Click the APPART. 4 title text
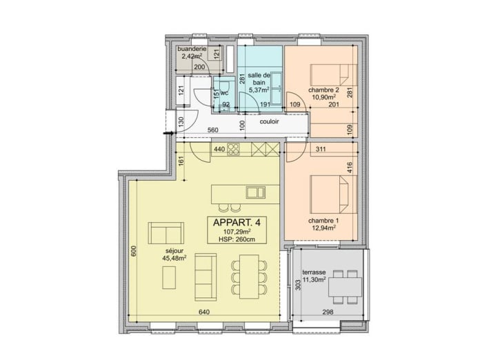(237, 223)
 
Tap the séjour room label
(174, 251)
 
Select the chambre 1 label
(323, 221)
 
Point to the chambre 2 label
(323, 90)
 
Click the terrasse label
(314, 272)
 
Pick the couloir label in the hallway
(269, 121)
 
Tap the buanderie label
(192, 49)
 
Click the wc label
(224, 92)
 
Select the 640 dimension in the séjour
(204, 312)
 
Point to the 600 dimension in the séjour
(134, 251)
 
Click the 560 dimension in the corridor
(212, 130)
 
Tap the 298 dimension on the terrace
(328, 312)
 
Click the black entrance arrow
(169, 133)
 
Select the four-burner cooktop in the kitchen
(233, 150)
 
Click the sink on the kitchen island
(256, 192)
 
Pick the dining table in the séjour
(249, 277)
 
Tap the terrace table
(345, 287)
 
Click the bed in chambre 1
(334, 194)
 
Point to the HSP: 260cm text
(237, 239)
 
